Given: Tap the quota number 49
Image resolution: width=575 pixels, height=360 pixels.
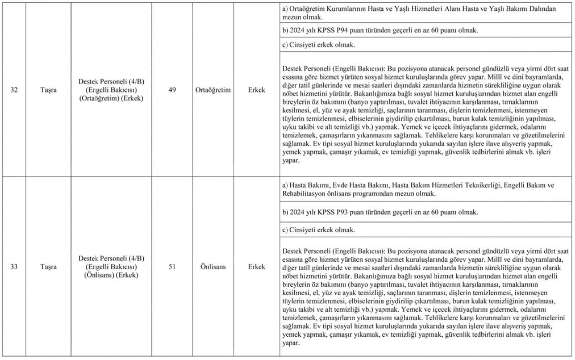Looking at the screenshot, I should coord(172,90).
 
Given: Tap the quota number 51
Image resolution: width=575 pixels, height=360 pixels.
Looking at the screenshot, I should coord(172,266).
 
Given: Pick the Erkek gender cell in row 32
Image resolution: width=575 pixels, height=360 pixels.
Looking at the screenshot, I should coord(257,90).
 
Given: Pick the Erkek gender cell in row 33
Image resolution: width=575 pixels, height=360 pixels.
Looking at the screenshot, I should coord(257,266).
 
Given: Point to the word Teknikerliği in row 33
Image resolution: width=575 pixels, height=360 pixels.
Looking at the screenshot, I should coord(482,185).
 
